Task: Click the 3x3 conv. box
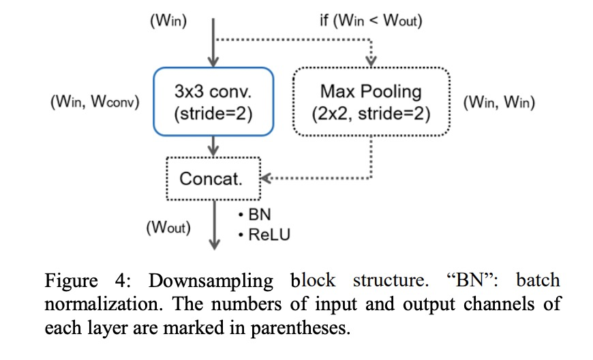[x=214, y=102]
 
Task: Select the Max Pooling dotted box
[x=371, y=102]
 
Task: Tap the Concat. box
[x=213, y=179]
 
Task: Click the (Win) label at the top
[x=168, y=21]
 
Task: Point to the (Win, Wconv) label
[x=95, y=103]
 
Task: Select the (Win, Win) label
[x=499, y=103]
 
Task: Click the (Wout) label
[x=168, y=227]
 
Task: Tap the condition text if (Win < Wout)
[x=371, y=21]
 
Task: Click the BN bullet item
[x=256, y=215]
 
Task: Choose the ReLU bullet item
[x=264, y=235]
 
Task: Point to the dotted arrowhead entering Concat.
[x=266, y=179]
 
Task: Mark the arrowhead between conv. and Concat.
[x=214, y=149]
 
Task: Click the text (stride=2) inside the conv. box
[x=214, y=113]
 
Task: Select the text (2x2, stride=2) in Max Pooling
[x=371, y=113]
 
